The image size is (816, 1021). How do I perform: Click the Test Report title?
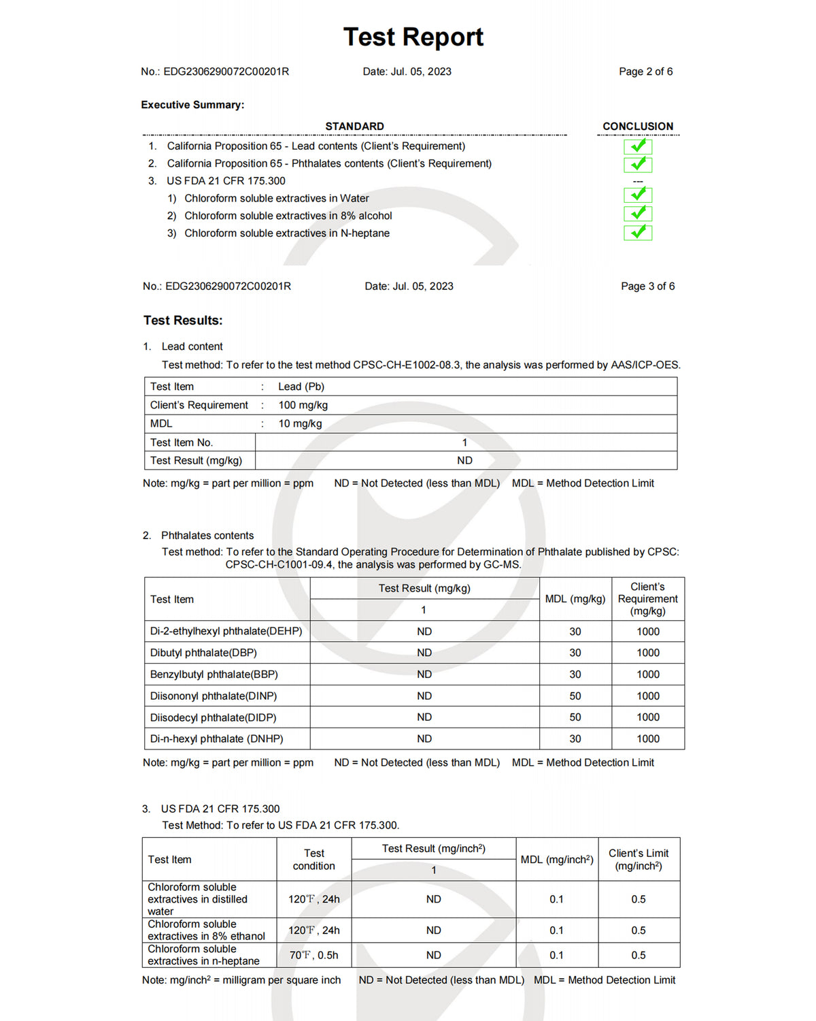click(413, 37)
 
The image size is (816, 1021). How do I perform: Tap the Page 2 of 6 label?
click(645, 71)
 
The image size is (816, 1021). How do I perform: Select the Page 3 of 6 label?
click(647, 287)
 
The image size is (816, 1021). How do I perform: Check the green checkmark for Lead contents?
click(638, 146)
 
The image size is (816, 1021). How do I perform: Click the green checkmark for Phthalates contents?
click(638, 164)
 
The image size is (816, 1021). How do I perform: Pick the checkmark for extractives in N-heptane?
click(638, 233)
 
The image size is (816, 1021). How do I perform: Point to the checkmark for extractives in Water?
click(638, 195)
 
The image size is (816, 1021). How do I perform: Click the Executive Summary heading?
click(192, 105)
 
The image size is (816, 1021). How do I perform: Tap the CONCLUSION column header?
click(638, 127)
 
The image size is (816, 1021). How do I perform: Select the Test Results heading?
click(183, 321)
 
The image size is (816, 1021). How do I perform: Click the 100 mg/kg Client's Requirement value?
click(303, 405)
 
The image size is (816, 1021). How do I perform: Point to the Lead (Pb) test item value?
click(301, 387)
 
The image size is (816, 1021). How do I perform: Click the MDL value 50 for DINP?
click(575, 696)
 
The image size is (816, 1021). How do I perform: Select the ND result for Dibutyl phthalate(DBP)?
click(424, 653)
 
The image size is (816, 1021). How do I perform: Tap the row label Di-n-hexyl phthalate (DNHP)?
click(217, 739)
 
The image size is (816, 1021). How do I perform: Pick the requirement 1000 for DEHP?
click(648, 632)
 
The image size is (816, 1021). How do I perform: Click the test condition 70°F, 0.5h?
click(313, 955)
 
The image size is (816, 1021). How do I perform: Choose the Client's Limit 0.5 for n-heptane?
click(639, 955)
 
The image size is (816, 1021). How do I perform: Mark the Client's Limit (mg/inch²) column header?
click(639, 859)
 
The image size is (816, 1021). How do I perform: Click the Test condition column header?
click(313, 859)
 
